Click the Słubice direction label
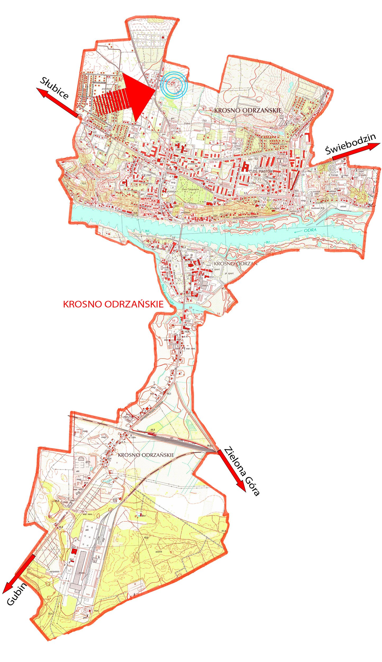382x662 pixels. pos(54,88)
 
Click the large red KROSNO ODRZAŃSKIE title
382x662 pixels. pos(113,304)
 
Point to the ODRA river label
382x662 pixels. pos(310,230)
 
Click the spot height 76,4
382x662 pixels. pos(84,183)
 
